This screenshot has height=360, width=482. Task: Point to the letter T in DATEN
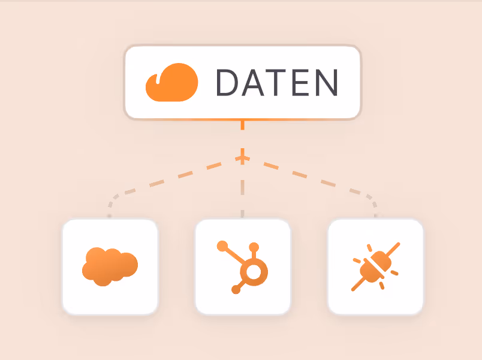coord(282,83)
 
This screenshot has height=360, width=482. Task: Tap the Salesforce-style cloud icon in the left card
coord(110,266)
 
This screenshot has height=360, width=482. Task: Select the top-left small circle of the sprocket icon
coord(222,245)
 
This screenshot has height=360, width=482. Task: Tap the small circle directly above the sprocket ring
coord(254,247)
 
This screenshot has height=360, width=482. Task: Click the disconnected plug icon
coord(376,266)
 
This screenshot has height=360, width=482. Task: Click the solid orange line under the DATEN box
coord(242,125)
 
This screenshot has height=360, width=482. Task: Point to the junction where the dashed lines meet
coord(242,158)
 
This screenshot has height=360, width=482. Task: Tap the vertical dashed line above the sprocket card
coord(242,192)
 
